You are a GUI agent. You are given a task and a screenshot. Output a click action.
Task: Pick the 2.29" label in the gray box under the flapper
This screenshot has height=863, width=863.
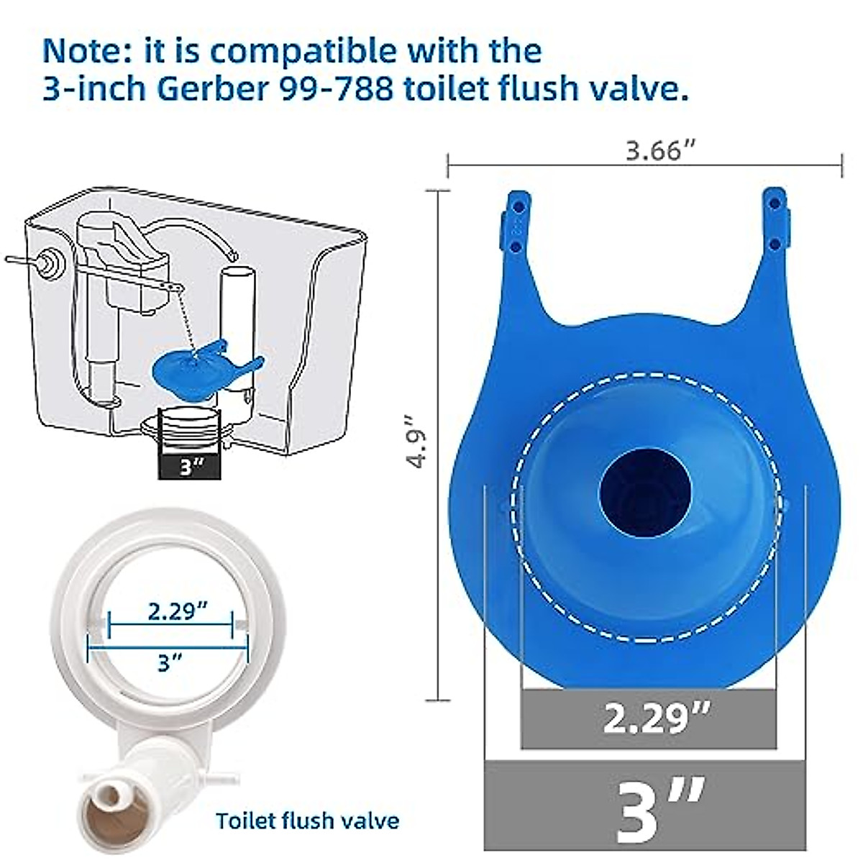click(657, 718)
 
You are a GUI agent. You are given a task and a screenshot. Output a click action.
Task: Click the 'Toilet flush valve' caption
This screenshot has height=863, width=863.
click(308, 820)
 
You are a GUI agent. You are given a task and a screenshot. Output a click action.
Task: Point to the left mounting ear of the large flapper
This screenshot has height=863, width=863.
click(516, 223)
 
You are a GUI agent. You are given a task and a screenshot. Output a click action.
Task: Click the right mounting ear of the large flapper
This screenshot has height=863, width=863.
click(775, 223)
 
